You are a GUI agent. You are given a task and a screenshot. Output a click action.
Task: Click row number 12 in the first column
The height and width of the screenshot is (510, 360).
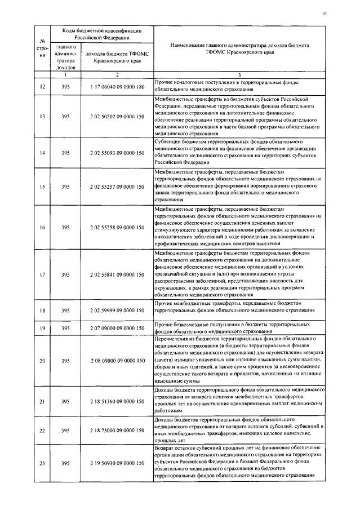click(x=42, y=86)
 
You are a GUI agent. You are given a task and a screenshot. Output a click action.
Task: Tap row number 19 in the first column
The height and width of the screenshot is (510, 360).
click(x=42, y=328)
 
